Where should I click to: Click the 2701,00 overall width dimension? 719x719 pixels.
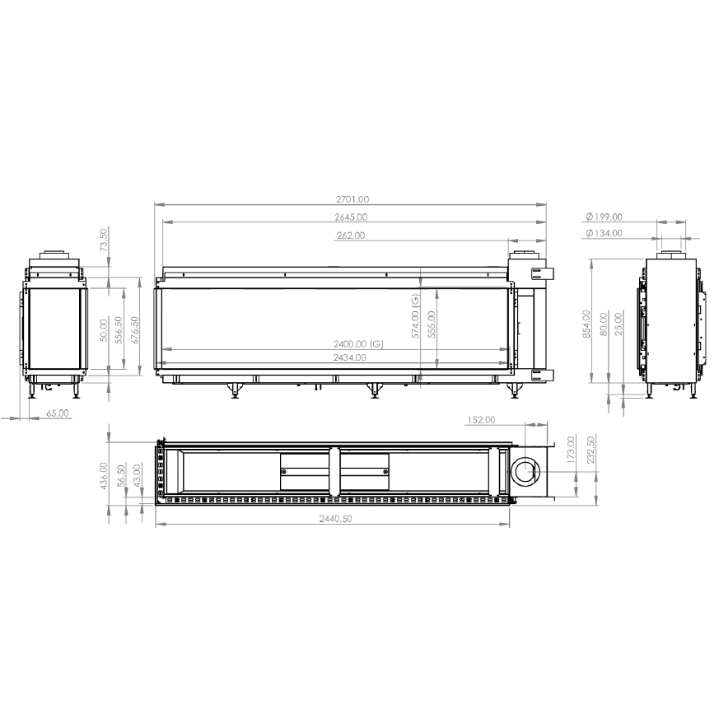pyautogui.click(x=352, y=199)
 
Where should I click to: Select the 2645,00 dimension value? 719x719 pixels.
pyautogui.click(x=351, y=217)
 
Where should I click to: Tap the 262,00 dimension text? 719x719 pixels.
pyautogui.click(x=351, y=236)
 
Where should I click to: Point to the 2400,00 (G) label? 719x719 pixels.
pyautogui.click(x=358, y=344)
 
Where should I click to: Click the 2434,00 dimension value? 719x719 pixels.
pyautogui.click(x=349, y=357)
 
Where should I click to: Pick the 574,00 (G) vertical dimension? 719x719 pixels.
pyautogui.click(x=415, y=316)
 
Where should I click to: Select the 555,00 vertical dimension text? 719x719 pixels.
pyautogui.click(x=432, y=324)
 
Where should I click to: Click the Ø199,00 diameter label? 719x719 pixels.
pyautogui.click(x=604, y=217)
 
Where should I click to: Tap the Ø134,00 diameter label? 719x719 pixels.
pyautogui.click(x=604, y=233)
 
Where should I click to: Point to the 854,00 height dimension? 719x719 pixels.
pyautogui.click(x=586, y=324)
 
